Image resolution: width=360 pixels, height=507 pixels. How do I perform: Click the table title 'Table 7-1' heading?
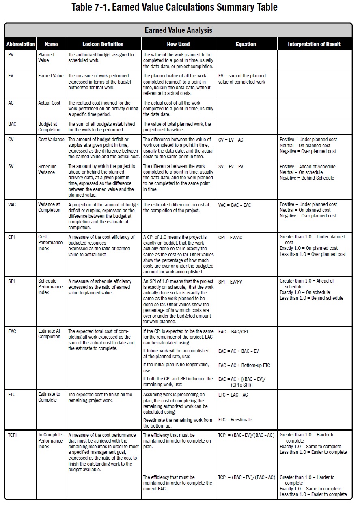(175, 7)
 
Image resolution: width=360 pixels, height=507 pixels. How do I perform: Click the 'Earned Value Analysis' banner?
(178, 30)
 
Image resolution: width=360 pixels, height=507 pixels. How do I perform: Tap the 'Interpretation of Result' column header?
(314, 44)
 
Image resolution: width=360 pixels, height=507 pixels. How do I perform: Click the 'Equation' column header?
(246, 44)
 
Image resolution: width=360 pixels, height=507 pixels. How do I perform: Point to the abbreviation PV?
(11, 55)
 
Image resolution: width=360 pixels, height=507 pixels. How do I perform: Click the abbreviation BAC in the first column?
(13, 124)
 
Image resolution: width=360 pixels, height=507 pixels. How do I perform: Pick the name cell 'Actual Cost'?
(49, 103)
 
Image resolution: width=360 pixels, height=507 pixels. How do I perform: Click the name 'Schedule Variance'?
(47, 170)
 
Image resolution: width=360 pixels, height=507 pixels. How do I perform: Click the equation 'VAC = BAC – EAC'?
(235, 205)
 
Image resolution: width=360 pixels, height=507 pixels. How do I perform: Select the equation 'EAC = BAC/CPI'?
(233, 332)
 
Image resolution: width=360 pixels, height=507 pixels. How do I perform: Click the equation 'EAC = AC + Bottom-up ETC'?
(244, 365)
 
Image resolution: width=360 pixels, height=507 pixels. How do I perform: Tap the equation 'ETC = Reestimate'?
(235, 420)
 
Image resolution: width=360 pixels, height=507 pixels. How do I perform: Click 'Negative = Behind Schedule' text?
(307, 178)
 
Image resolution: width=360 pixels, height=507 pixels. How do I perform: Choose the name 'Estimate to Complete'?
(49, 397)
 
